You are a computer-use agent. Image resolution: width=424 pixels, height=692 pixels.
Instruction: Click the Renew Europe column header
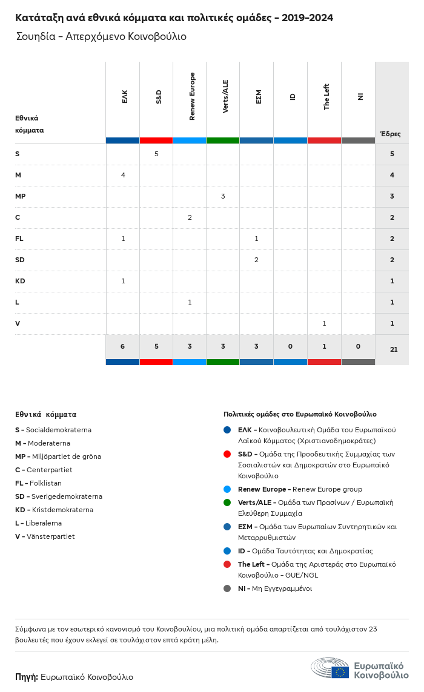point(192,96)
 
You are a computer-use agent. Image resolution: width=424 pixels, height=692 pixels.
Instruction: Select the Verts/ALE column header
point(225,96)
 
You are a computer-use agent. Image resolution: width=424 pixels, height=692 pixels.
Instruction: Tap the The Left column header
point(326,97)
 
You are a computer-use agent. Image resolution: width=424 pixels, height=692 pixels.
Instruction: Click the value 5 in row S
point(156,154)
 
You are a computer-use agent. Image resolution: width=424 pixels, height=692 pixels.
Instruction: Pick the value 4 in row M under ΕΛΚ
point(123,175)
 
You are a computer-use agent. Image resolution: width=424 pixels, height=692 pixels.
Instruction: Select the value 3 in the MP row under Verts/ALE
point(223,196)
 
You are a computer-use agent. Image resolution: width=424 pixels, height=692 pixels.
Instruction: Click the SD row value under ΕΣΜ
point(256,260)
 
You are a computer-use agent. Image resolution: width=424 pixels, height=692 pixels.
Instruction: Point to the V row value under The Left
point(324,323)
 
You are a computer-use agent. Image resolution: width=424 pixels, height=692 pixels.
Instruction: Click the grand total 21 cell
point(392,349)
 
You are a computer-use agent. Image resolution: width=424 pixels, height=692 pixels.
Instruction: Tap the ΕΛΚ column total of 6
point(123,346)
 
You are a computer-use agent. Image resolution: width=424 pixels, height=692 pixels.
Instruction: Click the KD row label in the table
point(20,281)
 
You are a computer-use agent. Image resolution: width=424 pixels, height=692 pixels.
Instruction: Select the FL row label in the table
point(19,239)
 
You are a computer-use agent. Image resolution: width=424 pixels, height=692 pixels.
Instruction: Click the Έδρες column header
point(391,134)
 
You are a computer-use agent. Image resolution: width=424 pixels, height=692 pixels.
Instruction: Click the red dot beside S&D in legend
point(227,454)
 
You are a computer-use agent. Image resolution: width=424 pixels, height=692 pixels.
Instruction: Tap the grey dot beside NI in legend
point(227,588)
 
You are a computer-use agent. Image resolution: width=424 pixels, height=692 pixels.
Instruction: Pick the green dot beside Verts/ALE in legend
point(227,503)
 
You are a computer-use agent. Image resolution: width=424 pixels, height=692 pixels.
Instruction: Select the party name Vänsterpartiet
point(51,536)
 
